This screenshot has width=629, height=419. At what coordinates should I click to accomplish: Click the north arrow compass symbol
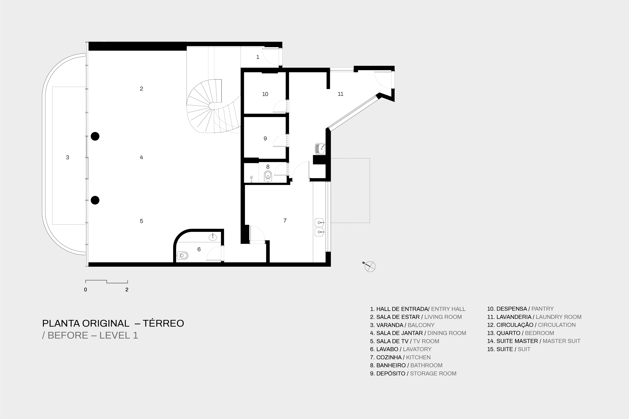click(x=370, y=266)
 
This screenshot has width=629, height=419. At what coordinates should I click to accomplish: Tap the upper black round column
click(x=95, y=136)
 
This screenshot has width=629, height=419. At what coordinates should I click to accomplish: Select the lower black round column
click(x=95, y=200)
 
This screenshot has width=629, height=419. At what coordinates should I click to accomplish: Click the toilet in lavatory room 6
click(x=183, y=256)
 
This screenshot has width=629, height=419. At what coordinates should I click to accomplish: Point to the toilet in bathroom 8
click(x=268, y=176)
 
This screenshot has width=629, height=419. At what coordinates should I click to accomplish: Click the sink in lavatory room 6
click(x=213, y=237)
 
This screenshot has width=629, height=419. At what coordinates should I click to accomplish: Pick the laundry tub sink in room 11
click(x=320, y=149)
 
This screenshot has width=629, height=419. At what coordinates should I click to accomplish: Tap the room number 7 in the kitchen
click(x=285, y=220)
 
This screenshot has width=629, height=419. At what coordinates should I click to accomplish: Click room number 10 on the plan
click(x=265, y=94)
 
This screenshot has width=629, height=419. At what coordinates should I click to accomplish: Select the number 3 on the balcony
click(x=67, y=157)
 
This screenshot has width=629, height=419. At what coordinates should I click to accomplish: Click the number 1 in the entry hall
click(x=258, y=57)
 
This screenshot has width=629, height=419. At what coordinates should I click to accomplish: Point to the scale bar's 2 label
click(x=127, y=290)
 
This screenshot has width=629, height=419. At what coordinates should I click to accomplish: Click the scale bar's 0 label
click(x=86, y=290)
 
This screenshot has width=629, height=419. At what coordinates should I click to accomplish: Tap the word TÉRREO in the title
click(x=163, y=323)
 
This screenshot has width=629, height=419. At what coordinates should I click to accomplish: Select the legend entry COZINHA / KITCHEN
click(x=400, y=357)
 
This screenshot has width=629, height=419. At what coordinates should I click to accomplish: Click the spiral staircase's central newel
click(x=212, y=106)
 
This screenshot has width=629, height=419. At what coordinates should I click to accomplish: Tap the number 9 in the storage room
click(x=265, y=138)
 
